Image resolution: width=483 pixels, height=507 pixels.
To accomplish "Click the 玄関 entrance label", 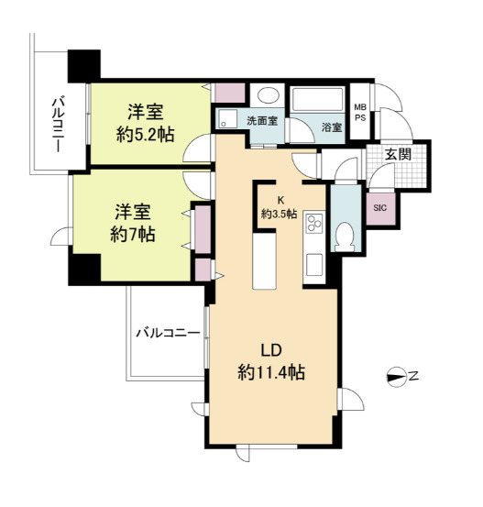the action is pyautogui.click(x=398, y=155).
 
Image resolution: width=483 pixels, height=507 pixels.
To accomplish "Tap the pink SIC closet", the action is pyautogui.click(x=380, y=208).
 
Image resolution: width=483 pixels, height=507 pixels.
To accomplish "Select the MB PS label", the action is pyautogui.click(x=360, y=112).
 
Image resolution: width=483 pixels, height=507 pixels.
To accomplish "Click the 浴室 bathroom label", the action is pyautogui.click(x=332, y=127).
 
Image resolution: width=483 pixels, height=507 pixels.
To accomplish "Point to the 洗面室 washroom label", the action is pyautogui.click(x=262, y=121).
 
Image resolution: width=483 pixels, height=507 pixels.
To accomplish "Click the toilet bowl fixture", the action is pyautogui.click(x=344, y=237).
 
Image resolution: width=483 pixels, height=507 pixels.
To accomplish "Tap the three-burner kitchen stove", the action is pyautogui.click(x=314, y=223).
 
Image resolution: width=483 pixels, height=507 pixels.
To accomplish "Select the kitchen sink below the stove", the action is pyautogui.click(x=314, y=264).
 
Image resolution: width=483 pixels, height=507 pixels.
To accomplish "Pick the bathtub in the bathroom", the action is pyautogui.click(x=317, y=99).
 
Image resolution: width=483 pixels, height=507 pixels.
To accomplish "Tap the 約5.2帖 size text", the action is pyautogui.click(x=145, y=135).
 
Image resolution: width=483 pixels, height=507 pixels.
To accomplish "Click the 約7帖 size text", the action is pyautogui.click(x=133, y=235).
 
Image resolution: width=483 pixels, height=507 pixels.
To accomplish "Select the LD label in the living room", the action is pyautogui.click(x=271, y=350).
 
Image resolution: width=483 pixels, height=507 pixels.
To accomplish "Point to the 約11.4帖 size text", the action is pyautogui.click(x=271, y=372).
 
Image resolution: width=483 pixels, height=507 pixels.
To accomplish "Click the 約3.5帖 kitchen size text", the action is pyautogui.click(x=279, y=214).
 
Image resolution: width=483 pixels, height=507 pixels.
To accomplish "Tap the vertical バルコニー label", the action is pyautogui.click(x=58, y=126).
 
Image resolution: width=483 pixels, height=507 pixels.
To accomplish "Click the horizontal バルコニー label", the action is pyautogui.click(x=168, y=333).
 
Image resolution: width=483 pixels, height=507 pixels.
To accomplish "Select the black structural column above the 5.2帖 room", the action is pyautogui.click(x=84, y=66).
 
